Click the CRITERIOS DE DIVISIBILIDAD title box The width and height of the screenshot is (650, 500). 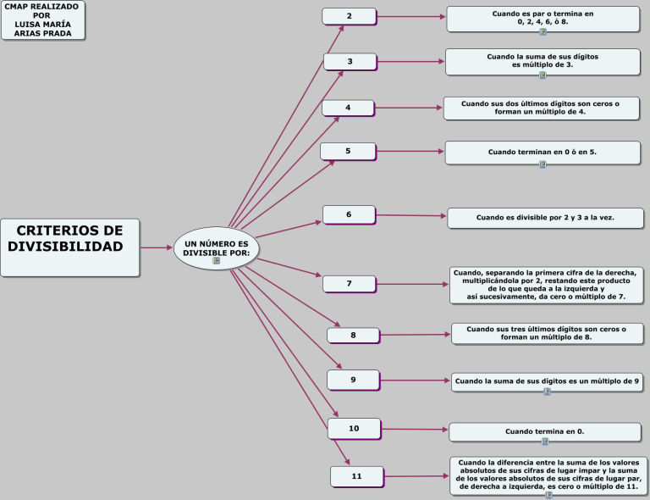[69, 247]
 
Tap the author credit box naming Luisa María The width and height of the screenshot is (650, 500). [43, 20]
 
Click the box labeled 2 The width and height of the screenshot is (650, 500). [349, 16]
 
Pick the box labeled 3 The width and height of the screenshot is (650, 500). [350, 61]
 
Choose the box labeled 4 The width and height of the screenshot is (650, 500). [347, 108]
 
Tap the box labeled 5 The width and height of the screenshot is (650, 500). [347, 151]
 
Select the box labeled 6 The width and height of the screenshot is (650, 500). [349, 214]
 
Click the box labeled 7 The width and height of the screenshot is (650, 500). [349, 283]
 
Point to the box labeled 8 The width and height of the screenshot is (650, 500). [353, 336]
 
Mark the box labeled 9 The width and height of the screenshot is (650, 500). [353, 379]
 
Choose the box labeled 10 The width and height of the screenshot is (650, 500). [354, 428]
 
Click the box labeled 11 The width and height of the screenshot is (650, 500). [356, 476]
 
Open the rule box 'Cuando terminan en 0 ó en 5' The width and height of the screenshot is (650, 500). [542, 152]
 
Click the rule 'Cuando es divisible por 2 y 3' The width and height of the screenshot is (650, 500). [545, 218]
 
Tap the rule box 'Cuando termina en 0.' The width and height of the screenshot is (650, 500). [544, 431]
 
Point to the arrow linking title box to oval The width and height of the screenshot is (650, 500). [156, 247]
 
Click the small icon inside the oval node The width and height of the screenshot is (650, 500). [216, 261]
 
